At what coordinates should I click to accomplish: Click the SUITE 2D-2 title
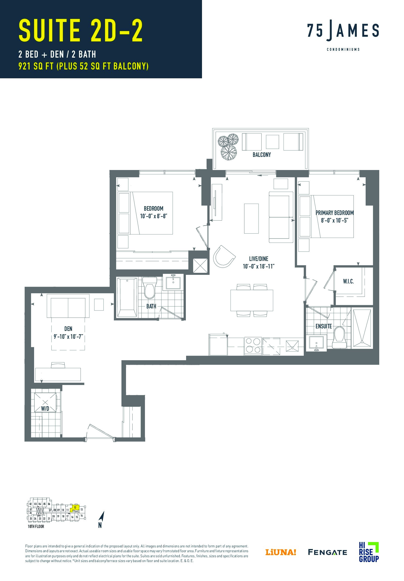[81, 31]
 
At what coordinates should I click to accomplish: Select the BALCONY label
[262, 155]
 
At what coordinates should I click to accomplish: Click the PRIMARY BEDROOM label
[334, 212]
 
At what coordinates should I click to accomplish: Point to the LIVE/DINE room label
[259, 259]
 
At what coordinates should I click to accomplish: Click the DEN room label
[68, 329]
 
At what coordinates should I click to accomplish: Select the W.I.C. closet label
[348, 281]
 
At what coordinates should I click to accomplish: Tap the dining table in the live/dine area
[252, 300]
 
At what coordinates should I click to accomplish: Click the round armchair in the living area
[223, 256]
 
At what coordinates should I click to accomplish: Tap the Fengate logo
[327, 552]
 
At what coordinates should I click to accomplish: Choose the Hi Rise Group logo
[369, 552]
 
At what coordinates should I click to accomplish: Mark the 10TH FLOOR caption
[36, 527]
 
